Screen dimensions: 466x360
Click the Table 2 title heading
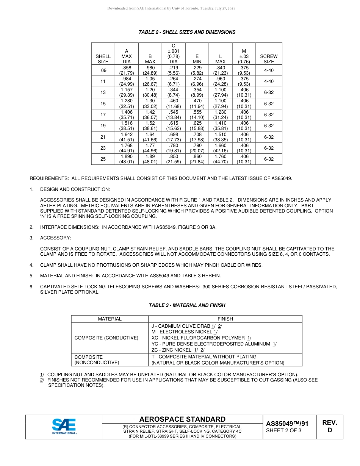[x=187, y=32]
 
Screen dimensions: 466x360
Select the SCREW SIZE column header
[x=269, y=59]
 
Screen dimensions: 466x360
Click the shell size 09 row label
[x=103, y=70]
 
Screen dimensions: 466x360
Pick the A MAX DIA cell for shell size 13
[x=127, y=93]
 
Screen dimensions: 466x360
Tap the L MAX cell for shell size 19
[x=220, y=126]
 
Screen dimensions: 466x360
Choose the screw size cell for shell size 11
[x=269, y=81]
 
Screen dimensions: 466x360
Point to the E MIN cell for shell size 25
[x=197, y=159]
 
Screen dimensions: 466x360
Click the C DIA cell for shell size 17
[x=174, y=115]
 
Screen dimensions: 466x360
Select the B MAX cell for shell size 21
[x=150, y=137]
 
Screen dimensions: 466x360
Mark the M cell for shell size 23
[x=244, y=148]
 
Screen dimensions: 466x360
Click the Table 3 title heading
[x=187, y=305]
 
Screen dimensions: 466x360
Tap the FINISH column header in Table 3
[x=225, y=319]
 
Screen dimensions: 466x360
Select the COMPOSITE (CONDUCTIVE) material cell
[x=106, y=338]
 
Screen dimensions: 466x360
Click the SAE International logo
[x=64, y=427]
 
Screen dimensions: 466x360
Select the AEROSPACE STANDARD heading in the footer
[x=182, y=419]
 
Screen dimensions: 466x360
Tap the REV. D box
[x=329, y=426]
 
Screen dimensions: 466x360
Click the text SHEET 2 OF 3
[x=284, y=430]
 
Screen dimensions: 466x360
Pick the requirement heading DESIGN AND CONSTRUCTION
[x=75, y=189]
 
